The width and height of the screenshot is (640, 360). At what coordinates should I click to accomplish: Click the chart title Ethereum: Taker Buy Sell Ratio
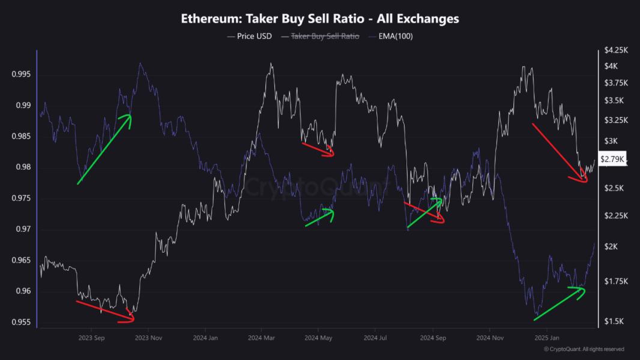click(320, 19)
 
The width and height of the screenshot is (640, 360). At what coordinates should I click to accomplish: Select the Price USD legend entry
click(250, 36)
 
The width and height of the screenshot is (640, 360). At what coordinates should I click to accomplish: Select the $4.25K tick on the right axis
click(616, 49)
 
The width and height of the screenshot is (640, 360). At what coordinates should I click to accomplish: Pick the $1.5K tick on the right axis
click(615, 322)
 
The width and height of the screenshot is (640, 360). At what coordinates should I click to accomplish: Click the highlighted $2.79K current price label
click(614, 159)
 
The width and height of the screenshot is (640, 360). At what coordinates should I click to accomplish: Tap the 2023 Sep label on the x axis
click(92, 338)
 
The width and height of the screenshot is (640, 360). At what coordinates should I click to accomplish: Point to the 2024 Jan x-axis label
click(205, 338)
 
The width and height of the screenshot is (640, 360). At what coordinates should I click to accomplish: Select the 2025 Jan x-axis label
click(546, 338)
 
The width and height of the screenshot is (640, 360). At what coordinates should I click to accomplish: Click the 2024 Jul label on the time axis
click(375, 338)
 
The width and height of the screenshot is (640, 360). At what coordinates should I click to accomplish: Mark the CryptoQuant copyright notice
click(584, 349)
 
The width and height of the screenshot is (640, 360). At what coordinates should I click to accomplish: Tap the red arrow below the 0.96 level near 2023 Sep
click(105, 311)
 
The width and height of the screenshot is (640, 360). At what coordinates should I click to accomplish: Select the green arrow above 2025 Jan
click(559, 304)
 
